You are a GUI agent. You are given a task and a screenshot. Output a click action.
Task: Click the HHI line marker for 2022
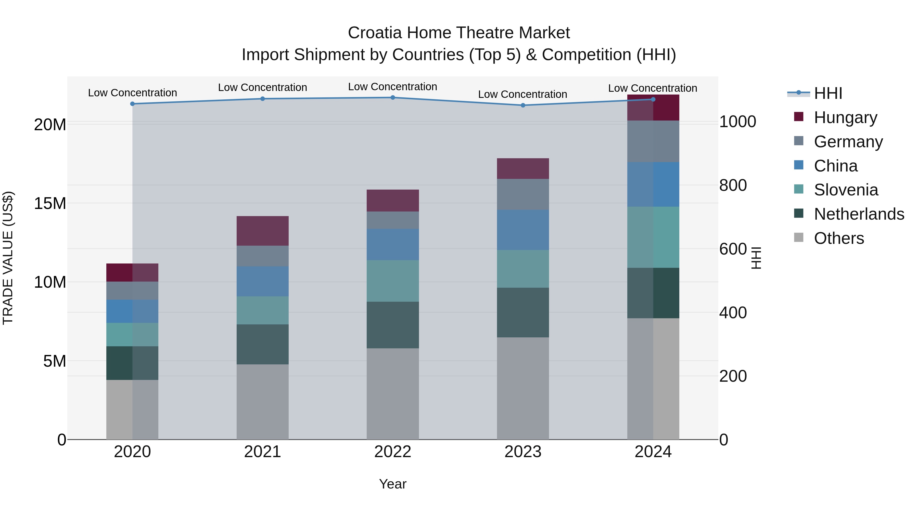click(x=393, y=98)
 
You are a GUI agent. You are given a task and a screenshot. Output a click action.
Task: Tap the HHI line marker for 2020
click(x=132, y=104)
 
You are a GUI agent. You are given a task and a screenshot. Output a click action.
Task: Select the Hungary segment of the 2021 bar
click(x=263, y=231)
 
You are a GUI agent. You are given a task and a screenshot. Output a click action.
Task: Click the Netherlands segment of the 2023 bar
click(x=523, y=312)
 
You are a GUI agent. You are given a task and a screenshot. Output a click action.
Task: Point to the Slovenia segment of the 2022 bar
click(x=393, y=281)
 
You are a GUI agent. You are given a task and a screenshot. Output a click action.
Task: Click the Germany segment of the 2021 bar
click(x=263, y=256)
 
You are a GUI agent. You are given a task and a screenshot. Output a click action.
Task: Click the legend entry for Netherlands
click(x=859, y=214)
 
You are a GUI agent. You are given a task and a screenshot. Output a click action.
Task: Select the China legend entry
click(x=836, y=166)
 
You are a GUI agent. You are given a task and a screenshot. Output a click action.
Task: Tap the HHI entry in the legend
click(x=828, y=93)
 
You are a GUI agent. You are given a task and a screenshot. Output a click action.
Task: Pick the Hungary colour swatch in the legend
click(x=799, y=117)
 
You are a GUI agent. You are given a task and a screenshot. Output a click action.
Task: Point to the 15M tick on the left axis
click(x=50, y=203)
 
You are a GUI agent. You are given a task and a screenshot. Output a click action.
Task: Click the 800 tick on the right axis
click(x=733, y=185)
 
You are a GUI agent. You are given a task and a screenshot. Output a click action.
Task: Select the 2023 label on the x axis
click(x=523, y=452)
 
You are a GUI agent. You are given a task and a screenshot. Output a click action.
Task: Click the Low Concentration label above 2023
click(x=522, y=94)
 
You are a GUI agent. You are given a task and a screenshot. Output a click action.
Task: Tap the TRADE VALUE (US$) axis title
click(x=8, y=258)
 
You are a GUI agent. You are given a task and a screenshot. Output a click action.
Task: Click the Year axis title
click(x=393, y=484)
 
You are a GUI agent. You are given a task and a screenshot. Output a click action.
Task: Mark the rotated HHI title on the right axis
click(x=756, y=258)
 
